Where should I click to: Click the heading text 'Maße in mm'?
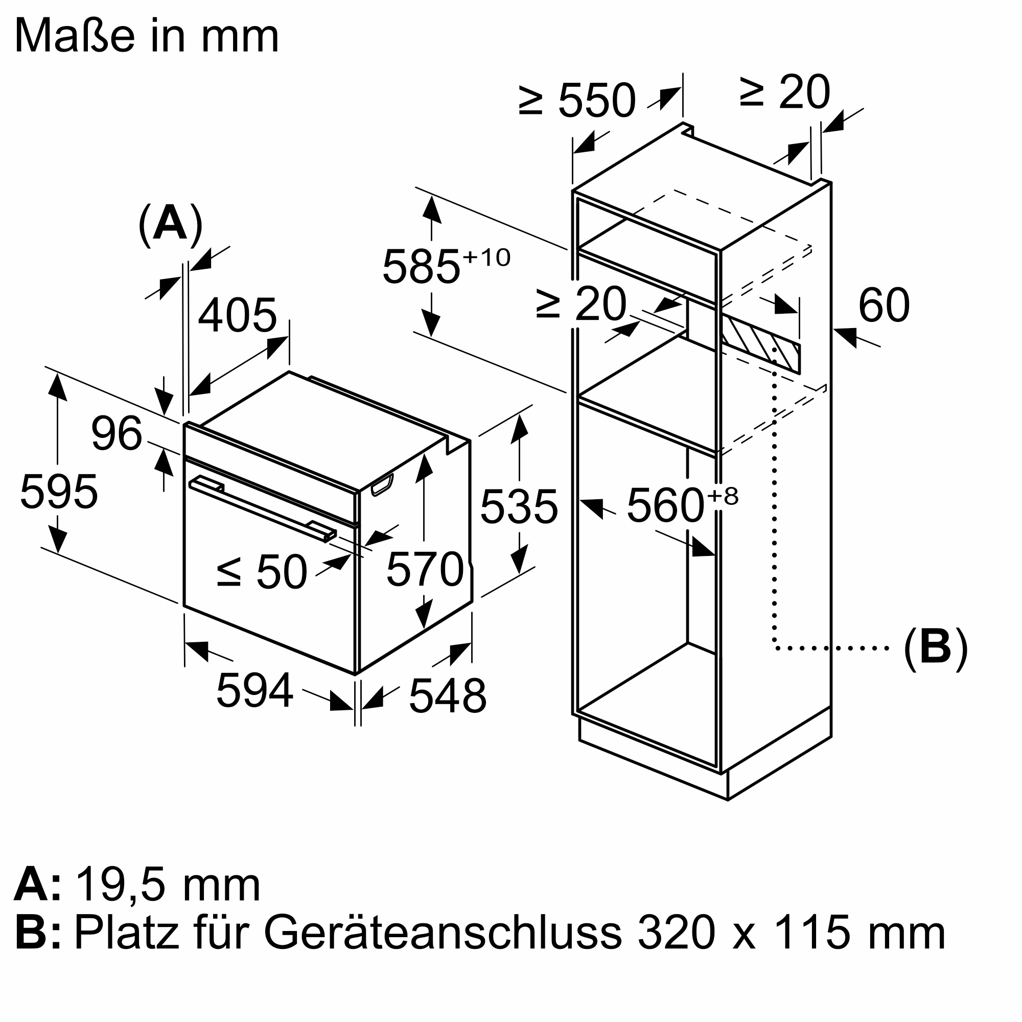147,36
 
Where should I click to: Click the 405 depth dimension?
238,316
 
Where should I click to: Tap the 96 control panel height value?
117,434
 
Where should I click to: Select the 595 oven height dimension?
59,492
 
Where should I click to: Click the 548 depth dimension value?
448,696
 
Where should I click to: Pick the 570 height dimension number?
425,570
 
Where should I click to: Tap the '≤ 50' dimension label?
262,572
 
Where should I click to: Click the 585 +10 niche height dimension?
446,266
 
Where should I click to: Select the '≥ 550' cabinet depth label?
576,100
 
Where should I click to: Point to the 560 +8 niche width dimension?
682,505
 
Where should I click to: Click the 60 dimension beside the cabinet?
884,305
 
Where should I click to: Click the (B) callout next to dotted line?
936,648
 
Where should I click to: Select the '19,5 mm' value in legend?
168,885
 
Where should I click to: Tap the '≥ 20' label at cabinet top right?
785,93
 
